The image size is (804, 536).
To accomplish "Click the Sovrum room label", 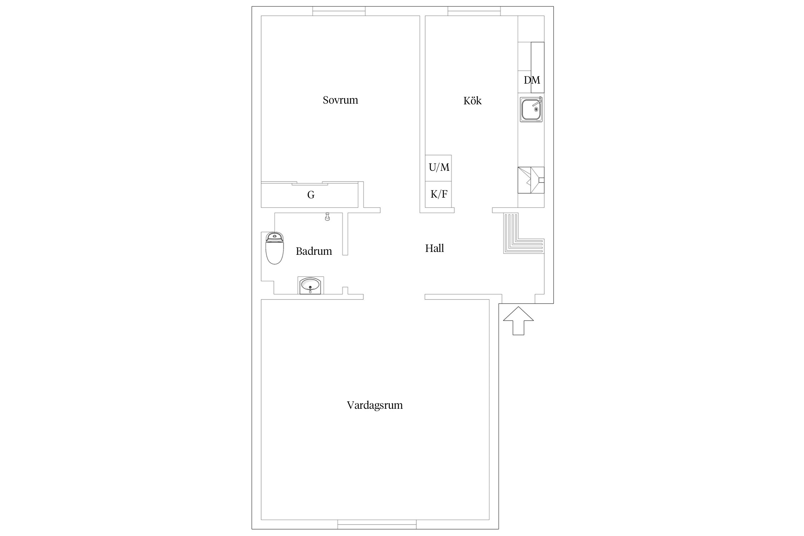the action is point(340,100).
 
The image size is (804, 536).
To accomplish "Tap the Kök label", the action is point(472,100).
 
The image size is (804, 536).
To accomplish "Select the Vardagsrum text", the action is point(375,405).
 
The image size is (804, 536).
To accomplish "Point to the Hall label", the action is point(435,248).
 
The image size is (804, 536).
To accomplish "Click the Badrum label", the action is point(314,251).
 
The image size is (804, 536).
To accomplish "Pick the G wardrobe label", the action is point(311,195).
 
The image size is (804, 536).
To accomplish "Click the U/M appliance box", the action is point(438,168).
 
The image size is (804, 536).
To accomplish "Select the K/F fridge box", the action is point(438,194).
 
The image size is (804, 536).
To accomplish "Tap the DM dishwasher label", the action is point(532,80).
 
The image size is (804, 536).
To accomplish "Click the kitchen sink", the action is point(531,109).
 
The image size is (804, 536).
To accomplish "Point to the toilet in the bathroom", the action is point(275,248).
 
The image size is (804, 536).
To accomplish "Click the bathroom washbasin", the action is point(311,286).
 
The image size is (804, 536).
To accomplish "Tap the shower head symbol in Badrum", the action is point(327,217).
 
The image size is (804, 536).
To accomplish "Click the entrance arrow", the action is point(518,321).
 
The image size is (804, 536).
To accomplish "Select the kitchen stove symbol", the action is point(531,180).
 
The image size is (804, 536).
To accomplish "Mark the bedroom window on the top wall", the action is point(339,11).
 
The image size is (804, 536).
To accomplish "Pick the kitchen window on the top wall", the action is point(474,11).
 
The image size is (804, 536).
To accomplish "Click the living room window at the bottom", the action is point(377,524).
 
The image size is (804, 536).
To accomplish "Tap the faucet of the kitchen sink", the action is point(537,102).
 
